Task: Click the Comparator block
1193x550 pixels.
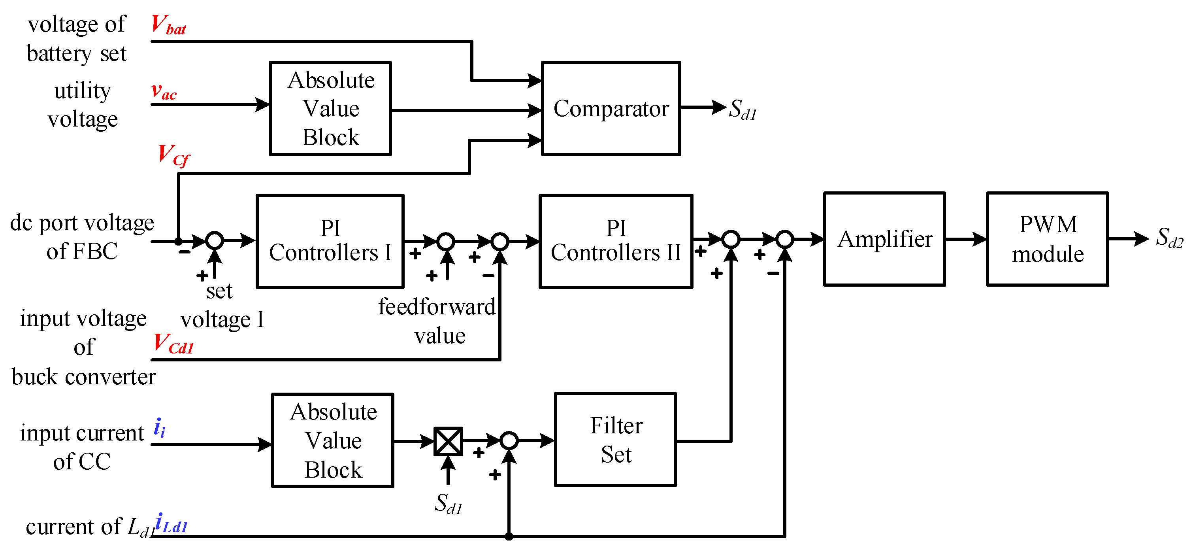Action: click(x=611, y=108)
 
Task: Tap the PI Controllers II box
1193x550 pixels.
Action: click(x=616, y=241)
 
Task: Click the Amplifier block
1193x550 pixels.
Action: click(x=884, y=239)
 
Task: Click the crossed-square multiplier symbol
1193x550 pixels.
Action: click(x=448, y=441)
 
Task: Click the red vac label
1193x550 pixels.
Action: click(x=164, y=91)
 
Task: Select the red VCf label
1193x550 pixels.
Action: click(x=173, y=155)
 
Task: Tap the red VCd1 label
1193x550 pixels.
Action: click(x=173, y=344)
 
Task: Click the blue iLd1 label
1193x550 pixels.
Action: click(x=172, y=524)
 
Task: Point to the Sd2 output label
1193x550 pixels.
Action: click(x=1169, y=238)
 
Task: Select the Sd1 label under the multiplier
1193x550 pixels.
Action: click(x=448, y=504)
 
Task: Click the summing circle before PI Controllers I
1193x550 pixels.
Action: click(x=215, y=240)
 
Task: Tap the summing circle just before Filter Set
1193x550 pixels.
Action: click(x=509, y=440)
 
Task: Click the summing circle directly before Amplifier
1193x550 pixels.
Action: click(x=784, y=239)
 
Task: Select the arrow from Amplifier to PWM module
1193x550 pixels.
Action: click(x=966, y=239)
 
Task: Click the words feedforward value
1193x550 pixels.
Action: click(x=437, y=321)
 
